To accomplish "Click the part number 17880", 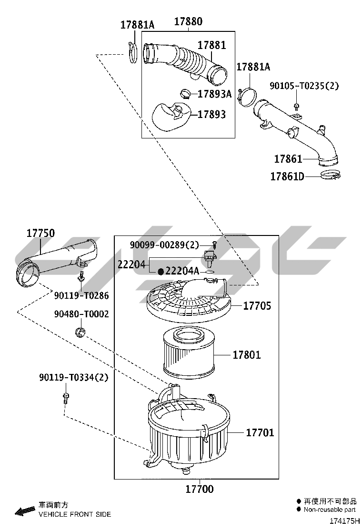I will pos(188,21).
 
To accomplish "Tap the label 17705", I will pos(257,305).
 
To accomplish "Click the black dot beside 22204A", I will pos(161,271).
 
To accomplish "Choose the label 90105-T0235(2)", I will pos(304,86).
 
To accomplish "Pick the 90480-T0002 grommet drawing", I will pos(80,332).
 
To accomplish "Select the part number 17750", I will pos(40,233).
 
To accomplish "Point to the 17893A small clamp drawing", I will pos(187,93).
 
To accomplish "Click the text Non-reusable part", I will pos(330,509).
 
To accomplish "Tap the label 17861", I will pos(288,158).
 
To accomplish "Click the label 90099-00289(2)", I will pos(165,245).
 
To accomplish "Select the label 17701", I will pos(260,432).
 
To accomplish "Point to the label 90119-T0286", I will pos(81,296).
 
